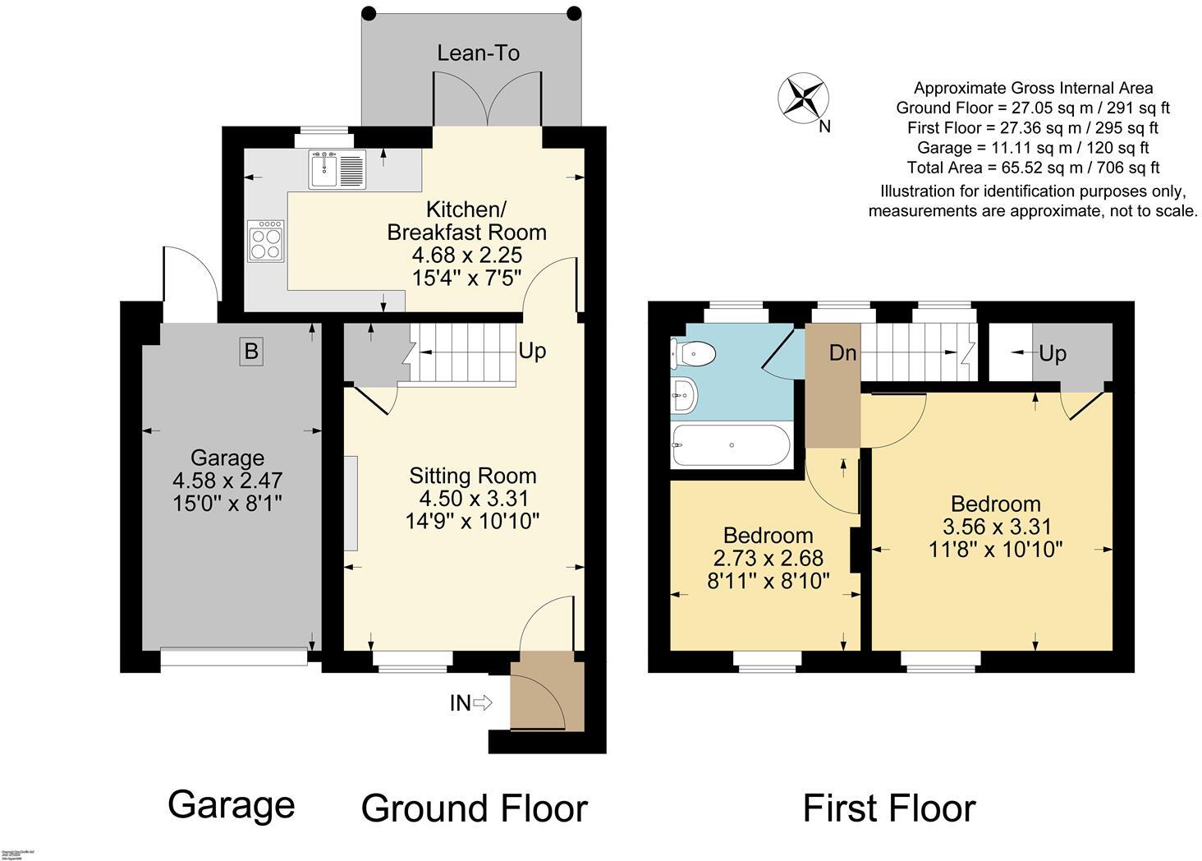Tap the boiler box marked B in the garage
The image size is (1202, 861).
[251, 352]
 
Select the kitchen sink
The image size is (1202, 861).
[337, 169]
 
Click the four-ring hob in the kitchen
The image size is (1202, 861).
[266, 240]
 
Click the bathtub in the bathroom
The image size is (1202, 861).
[731, 445]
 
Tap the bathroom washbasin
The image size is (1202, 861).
[683, 396]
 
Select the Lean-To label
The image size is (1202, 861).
[478, 53]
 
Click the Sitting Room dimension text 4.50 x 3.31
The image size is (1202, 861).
[474, 498]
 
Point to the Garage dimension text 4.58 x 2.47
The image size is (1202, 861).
[227, 480]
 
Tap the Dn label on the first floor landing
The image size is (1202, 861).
[842, 353]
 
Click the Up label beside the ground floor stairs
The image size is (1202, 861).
[532, 351]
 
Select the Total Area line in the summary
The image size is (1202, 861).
[1033, 168]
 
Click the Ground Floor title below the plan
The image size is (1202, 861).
[474, 808]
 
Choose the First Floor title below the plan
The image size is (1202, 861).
[888, 808]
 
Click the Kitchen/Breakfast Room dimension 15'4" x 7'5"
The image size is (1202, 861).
[466, 277]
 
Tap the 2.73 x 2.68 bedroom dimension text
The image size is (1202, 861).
[768, 559]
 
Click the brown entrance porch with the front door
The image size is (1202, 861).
[546, 690]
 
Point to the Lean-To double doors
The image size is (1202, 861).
[487, 99]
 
